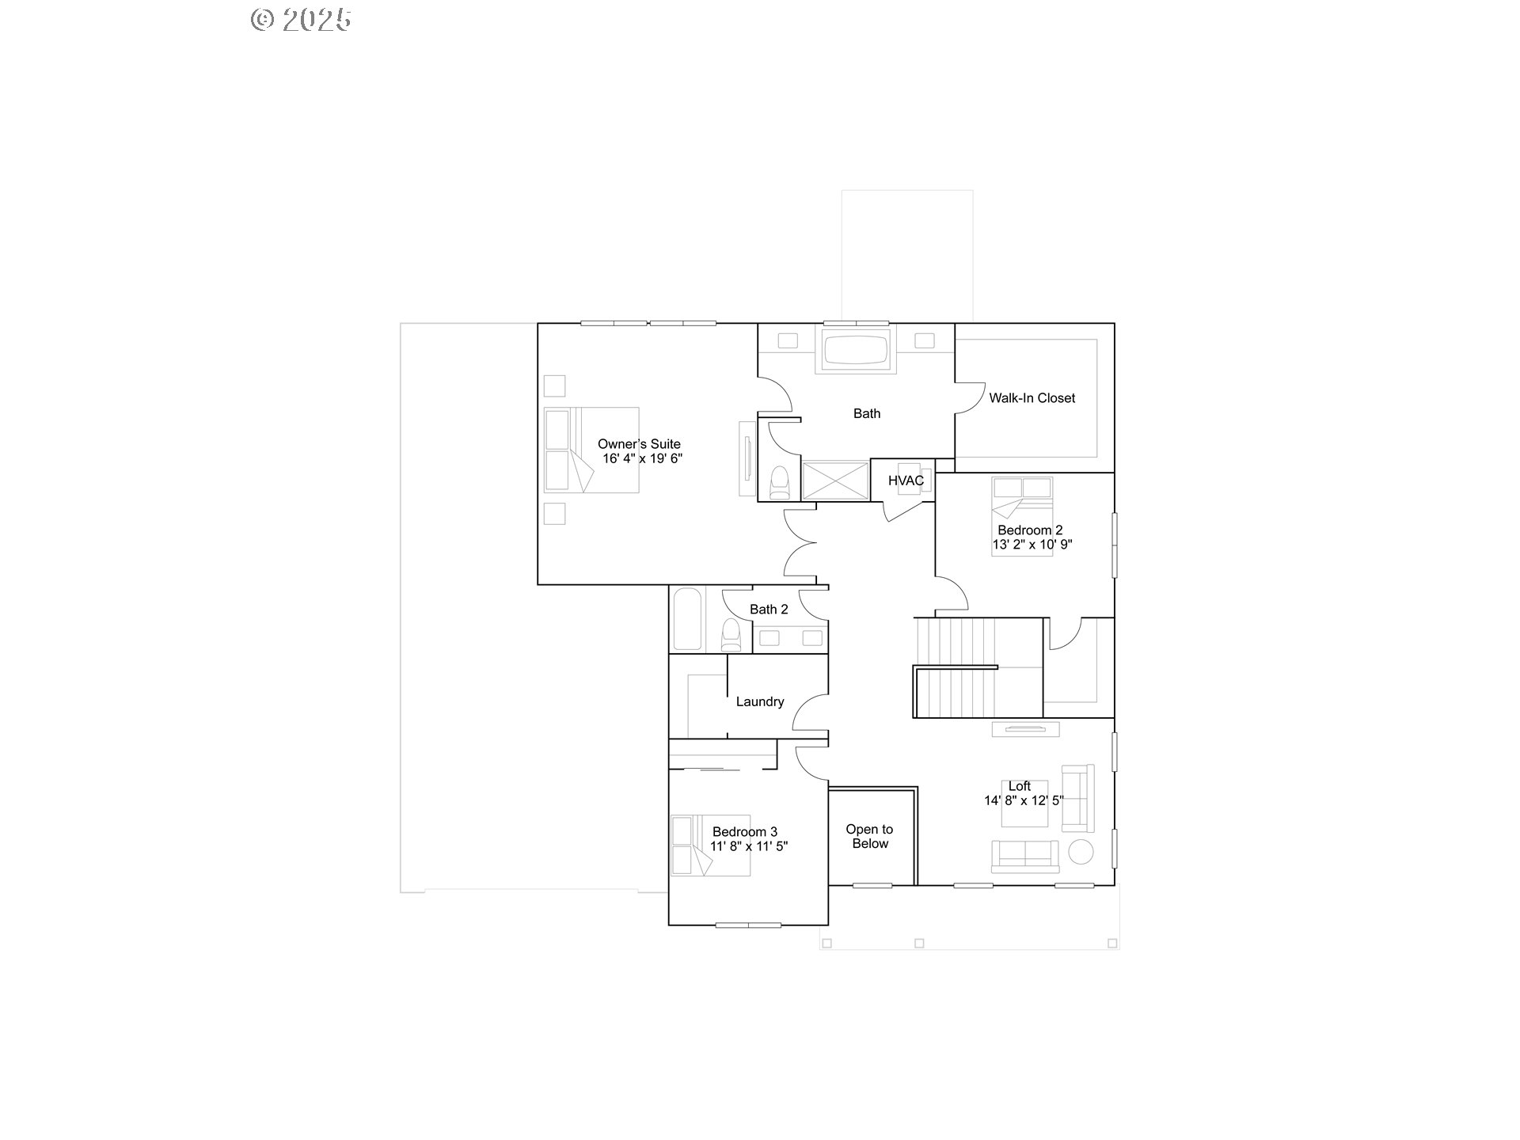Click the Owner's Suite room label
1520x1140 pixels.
click(x=639, y=444)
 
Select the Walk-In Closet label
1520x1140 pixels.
click(x=1032, y=398)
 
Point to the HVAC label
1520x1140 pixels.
click(x=906, y=481)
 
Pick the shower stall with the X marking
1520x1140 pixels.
click(x=836, y=481)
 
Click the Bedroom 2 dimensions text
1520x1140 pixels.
click(x=1032, y=545)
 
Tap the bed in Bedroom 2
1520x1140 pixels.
click(x=1022, y=516)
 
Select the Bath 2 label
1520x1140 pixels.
click(x=769, y=610)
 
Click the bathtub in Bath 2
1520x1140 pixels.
click(x=687, y=619)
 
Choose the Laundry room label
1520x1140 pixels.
click(x=760, y=701)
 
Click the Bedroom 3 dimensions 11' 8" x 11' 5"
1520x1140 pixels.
click(x=749, y=846)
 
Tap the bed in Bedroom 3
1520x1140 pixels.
click(x=710, y=845)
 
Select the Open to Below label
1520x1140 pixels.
click(x=869, y=837)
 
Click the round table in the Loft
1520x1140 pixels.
click(x=1081, y=852)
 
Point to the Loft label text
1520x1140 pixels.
click(x=1020, y=786)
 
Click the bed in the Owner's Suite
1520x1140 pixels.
click(x=591, y=450)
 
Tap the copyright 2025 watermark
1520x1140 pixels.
click(x=301, y=20)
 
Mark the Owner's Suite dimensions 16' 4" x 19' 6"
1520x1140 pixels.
click(x=642, y=458)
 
